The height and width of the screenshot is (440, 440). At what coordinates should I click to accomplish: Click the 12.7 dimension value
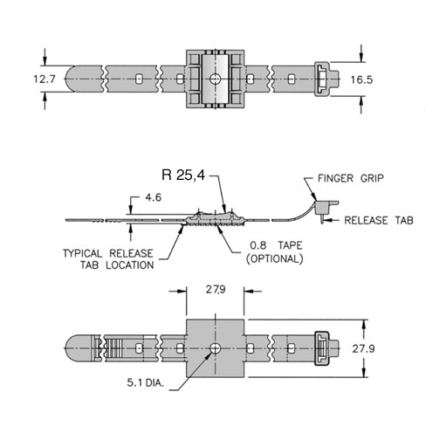pyautogui.click(x=45, y=79)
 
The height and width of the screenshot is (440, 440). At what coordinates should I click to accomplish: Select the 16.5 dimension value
pyautogui.click(x=361, y=79)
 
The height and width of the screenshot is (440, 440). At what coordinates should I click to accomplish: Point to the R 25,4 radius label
pyautogui.click(x=183, y=175)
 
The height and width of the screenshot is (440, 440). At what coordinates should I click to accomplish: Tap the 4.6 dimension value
pyautogui.click(x=153, y=198)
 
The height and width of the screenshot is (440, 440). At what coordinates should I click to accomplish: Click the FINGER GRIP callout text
pyautogui.click(x=351, y=178)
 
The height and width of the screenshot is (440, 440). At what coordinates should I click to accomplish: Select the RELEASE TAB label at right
pyautogui.click(x=379, y=220)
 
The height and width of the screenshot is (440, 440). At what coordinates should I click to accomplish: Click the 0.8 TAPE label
pyautogui.click(x=276, y=245)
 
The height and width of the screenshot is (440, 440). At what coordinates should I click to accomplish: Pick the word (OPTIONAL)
pyautogui.click(x=275, y=258)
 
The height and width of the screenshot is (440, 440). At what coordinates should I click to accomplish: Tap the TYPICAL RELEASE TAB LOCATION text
pyautogui.click(x=108, y=259)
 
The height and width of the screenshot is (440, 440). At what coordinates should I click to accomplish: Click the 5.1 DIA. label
pyautogui.click(x=146, y=382)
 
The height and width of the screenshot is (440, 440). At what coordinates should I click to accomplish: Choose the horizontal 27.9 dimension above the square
pyautogui.click(x=216, y=290)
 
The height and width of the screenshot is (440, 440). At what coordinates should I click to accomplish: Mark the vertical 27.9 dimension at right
pyautogui.click(x=363, y=348)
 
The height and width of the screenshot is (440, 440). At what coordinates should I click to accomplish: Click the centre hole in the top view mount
pyautogui.click(x=216, y=79)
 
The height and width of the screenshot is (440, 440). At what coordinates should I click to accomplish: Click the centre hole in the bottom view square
pyautogui.click(x=216, y=348)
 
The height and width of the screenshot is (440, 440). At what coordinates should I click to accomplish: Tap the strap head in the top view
pyautogui.click(x=327, y=79)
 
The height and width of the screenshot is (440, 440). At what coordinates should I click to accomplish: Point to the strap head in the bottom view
pyautogui.click(x=327, y=348)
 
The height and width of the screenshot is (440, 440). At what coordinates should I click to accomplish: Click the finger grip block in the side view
pyautogui.click(x=324, y=208)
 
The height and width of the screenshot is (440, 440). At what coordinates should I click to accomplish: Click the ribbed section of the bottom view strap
pyautogui.click(x=112, y=348)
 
